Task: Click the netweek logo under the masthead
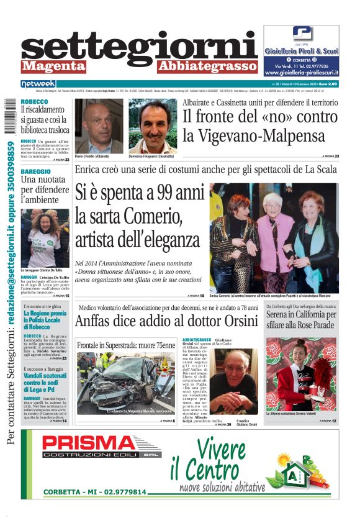click(x=38, y=84)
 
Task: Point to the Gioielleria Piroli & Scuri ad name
click(x=301, y=52)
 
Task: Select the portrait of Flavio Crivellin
click(x=99, y=127)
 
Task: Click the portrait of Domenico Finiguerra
click(x=153, y=127)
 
